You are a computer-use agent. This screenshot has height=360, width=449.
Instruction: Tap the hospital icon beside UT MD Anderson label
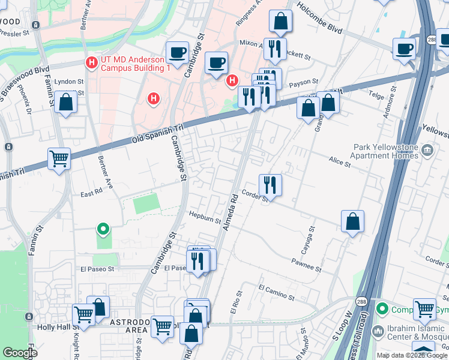pyautogui.click(x=92, y=62)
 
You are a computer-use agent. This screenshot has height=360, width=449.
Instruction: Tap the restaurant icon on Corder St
pyautogui.click(x=270, y=185)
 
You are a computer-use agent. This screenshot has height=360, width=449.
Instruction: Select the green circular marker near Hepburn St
pyautogui.click(x=103, y=228)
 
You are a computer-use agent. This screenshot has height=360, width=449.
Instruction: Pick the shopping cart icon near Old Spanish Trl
pyautogui.click(x=59, y=159)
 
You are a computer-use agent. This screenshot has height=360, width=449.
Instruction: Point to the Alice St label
pyautogui.click(x=339, y=160)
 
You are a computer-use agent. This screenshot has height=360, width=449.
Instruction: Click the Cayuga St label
pyautogui.click(x=312, y=238)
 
